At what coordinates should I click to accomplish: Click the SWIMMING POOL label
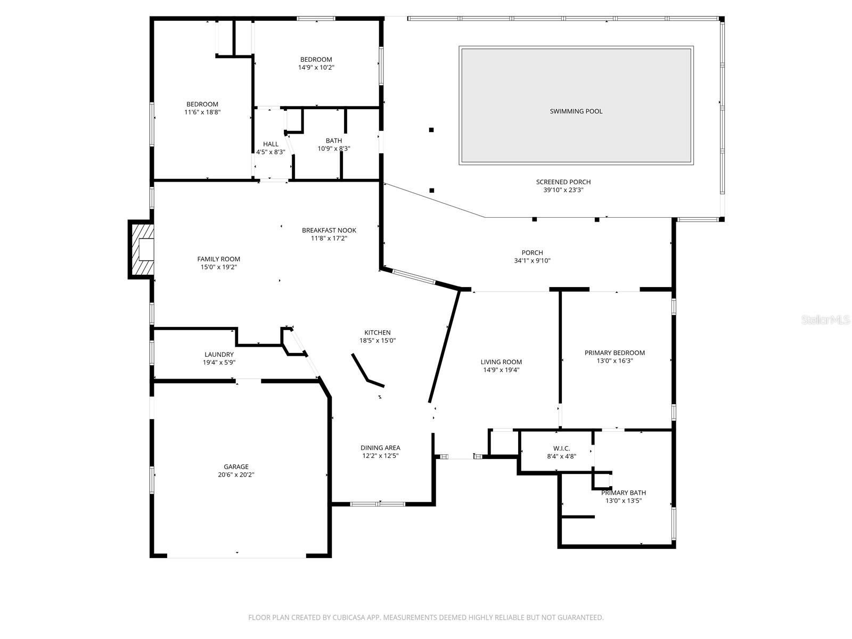(576, 111)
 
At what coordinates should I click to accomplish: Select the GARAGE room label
(236, 467)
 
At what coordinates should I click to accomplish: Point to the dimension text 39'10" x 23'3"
(563, 190)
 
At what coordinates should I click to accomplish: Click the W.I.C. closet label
(562, 448)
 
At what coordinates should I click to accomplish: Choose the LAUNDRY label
(219, 355)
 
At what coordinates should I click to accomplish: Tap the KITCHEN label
(377, 333)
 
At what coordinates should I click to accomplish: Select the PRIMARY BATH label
(623, 493)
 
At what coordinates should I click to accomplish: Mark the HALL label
(271, 144)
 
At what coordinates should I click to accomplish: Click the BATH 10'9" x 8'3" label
(334, 141)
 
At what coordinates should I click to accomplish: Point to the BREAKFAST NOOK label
(329, 231)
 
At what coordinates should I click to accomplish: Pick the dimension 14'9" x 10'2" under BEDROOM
(316, 68)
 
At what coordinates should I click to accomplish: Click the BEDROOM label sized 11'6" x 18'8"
(202, 104)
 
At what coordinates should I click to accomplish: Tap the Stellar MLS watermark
(825, 319)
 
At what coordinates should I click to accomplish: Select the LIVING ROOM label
(501, 362)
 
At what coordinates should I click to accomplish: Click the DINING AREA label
(380, 448)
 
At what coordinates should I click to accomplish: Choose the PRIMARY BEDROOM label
(615, 353)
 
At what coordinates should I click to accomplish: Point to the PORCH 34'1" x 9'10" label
(532, 253)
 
